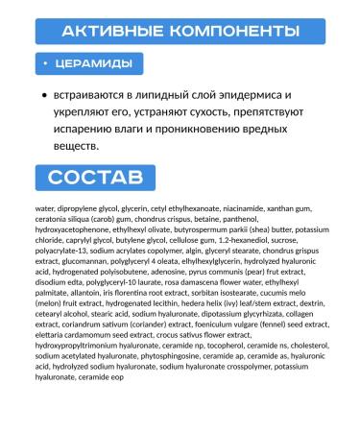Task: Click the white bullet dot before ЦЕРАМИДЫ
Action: [48, 63]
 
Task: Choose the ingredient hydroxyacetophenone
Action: [72, 231]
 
